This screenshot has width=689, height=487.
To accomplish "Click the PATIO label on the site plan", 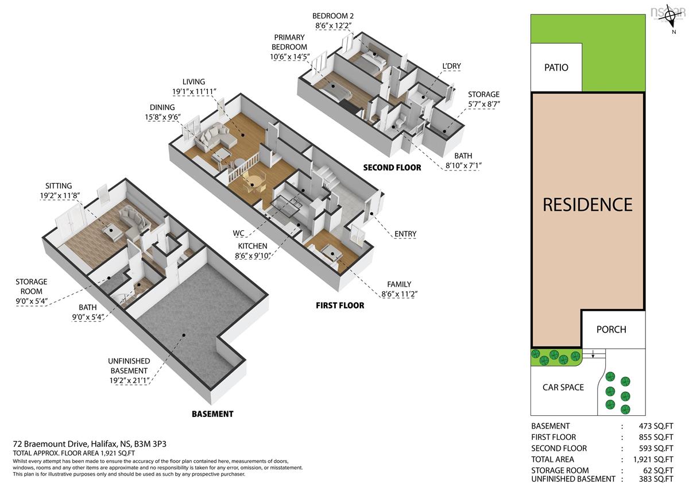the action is pos(556,67).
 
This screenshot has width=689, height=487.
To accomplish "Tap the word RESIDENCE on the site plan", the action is pos(587,205).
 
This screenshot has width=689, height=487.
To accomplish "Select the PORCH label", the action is pos(611,330).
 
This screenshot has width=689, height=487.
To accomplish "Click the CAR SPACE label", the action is pos(563,387).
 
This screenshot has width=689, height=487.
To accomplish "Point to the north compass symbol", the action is pos(673,16).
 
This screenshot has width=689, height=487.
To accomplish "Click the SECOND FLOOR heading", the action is pos(392,168).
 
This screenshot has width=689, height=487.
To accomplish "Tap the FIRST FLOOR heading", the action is pos(340,306).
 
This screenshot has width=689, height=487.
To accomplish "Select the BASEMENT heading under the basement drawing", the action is pos(212,414).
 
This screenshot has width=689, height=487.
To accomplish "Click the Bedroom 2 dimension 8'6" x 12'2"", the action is pos(333,25).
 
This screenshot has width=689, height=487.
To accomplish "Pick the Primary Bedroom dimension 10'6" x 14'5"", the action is pos(290,57).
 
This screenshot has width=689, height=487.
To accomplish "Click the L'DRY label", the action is pos(451,66).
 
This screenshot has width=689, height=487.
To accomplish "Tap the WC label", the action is pos(238,233).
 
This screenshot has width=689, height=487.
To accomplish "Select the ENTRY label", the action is pos(405,234).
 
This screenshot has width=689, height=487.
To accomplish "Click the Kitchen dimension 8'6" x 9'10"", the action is pos(253,256).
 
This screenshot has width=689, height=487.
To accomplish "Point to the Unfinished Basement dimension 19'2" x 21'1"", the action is pos(129,381).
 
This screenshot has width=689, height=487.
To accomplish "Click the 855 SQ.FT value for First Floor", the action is pos(656,437).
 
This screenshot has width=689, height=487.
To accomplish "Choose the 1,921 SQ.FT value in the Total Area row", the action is pos(653,459).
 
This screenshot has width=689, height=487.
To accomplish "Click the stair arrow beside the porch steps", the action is pos(593,354).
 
